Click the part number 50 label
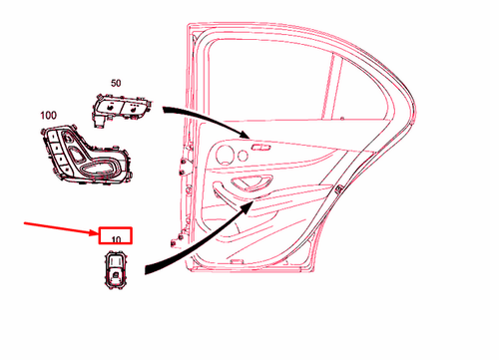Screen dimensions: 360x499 (116, 84)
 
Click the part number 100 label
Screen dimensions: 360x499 (49, 116)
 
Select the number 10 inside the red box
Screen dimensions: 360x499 (117, 239)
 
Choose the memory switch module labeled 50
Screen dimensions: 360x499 (124, 109)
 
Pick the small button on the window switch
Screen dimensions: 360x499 (118, 267)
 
